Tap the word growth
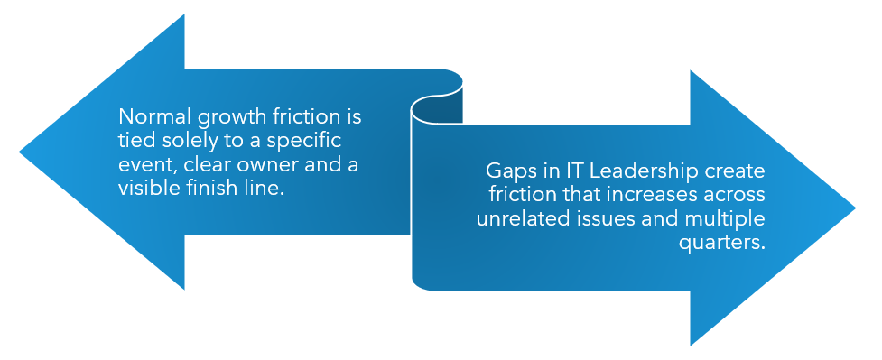215,117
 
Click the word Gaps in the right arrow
506,171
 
